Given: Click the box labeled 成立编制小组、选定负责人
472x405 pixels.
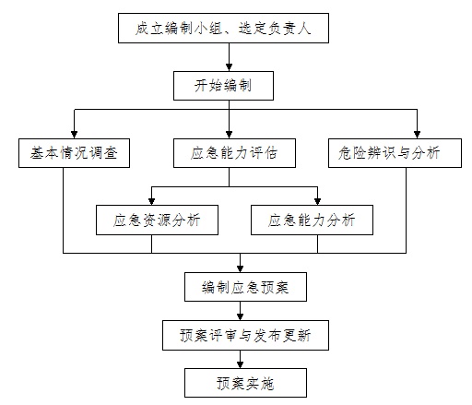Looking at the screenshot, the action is tap(223, 28).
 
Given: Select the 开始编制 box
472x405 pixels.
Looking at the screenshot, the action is tap(223, 86).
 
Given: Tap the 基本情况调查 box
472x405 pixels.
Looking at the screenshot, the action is tap(74, 153).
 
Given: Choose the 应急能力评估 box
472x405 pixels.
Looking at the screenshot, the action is tap(234, 153).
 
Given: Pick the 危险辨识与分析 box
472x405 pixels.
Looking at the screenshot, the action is tap(395, 153).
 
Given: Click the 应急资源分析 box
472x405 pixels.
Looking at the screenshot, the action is tap(157, 220).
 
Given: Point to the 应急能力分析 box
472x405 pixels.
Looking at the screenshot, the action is tap(312, 220).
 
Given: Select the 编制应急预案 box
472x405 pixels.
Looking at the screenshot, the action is tap(245, 287).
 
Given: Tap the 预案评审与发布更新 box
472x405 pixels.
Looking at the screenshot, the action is tap(245, 335).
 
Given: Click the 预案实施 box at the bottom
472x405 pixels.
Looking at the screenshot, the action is tap(245, 383).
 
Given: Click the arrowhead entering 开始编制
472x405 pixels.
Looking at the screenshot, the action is tap(229, 67).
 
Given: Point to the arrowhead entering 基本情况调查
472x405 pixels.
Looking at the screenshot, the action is tap(74, 135).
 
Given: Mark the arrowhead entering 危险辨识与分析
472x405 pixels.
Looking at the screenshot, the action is tap(417, 135).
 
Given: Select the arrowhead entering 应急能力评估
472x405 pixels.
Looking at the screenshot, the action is tap(229, 135).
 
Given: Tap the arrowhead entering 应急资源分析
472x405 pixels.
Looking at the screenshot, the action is tap(151, 201).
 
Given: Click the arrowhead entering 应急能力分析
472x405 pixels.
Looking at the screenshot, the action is tap(317, 201).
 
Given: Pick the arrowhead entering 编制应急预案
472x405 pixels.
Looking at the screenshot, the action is tap(240, 268).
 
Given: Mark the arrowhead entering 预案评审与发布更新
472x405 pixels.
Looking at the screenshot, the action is tap(240, 316).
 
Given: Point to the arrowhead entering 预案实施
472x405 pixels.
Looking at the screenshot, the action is tap(240, 364).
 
